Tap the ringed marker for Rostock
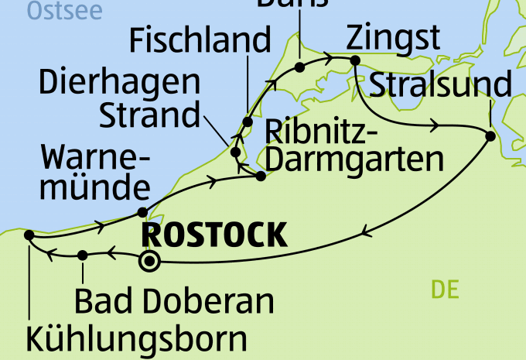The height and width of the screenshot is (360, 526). [149, 262]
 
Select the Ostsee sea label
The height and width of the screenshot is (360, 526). [53, 10]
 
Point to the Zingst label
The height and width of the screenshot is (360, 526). [394, 38]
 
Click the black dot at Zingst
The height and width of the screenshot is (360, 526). [355, 60]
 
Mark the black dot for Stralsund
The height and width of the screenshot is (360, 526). [490, 136]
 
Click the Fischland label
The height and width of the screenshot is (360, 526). [200, 40]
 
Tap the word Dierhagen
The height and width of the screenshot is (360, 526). [119, 83]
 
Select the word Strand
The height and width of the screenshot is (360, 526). [150, 115]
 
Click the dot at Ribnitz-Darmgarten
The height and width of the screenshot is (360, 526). [261, 176]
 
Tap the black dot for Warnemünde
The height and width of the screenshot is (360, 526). [142, 212]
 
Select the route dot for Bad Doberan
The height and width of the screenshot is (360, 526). [83, 255]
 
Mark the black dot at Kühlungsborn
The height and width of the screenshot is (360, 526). [29, 235]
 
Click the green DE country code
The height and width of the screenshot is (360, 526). [446, 290]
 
